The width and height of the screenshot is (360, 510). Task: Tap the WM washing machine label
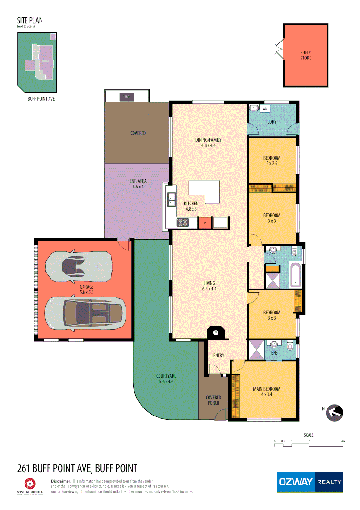(x=265, y=109)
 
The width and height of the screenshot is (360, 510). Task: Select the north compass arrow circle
(x=335, y=412)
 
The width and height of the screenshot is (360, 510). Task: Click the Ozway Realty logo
(x=310, y=482)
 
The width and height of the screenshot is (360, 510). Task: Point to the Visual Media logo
(x=30, y=486)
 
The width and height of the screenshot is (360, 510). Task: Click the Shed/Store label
(x=306, y=55)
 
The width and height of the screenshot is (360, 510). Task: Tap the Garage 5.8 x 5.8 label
(x=86, y=289)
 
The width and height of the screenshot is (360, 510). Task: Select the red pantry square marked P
(x=205, y=222)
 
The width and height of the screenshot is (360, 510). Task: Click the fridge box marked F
(x=220, y=222)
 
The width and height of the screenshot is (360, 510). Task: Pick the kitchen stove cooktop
(x=183, y=222)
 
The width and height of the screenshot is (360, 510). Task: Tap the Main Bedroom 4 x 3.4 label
(x=266, y=391)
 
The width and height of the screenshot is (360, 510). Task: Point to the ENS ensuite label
(x=275, y=352)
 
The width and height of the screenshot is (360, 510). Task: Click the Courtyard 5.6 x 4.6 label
(x=165, y=379)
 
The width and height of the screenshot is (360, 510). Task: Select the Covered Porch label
(x=213, y=400)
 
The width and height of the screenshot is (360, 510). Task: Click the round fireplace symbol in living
(x=216, y=332)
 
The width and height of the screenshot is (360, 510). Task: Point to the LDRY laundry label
(x=271, y=122)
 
